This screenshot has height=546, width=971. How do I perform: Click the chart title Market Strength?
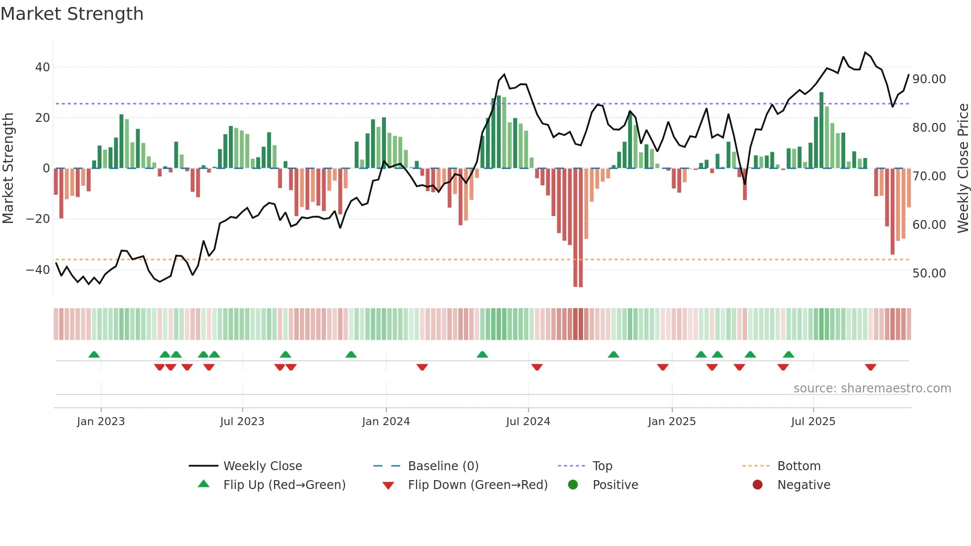pos(72,14)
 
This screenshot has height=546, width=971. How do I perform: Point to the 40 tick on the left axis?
pos(43,67)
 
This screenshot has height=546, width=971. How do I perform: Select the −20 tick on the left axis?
pos(39,219)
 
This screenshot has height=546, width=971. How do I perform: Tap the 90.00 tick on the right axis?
pos(929,79)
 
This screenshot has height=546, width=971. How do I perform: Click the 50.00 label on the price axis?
pos(929,273)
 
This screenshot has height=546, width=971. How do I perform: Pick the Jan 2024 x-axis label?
pos(386,422)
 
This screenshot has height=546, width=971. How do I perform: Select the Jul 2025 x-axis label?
pos(813,422)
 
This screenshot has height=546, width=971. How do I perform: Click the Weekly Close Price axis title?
pos(963,168)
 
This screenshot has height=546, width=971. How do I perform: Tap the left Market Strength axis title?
pos(8,168)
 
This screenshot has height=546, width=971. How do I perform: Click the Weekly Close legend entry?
pos(262,466)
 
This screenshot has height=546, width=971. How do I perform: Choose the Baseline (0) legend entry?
pos(443,466)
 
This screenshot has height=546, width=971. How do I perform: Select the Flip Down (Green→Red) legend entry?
pos(477,485)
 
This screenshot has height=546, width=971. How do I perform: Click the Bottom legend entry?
pos(799,466)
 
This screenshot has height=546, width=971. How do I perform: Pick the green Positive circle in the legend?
pos(573,485)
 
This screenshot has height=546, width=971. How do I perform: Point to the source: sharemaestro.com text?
pos(872,388)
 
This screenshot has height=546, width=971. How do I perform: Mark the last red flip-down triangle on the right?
pos(870,367)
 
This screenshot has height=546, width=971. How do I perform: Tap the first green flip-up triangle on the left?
pos(94,354)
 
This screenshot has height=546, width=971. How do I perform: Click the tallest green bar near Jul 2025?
pos(821,130)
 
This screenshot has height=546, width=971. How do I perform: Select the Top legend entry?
pos(602,466)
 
